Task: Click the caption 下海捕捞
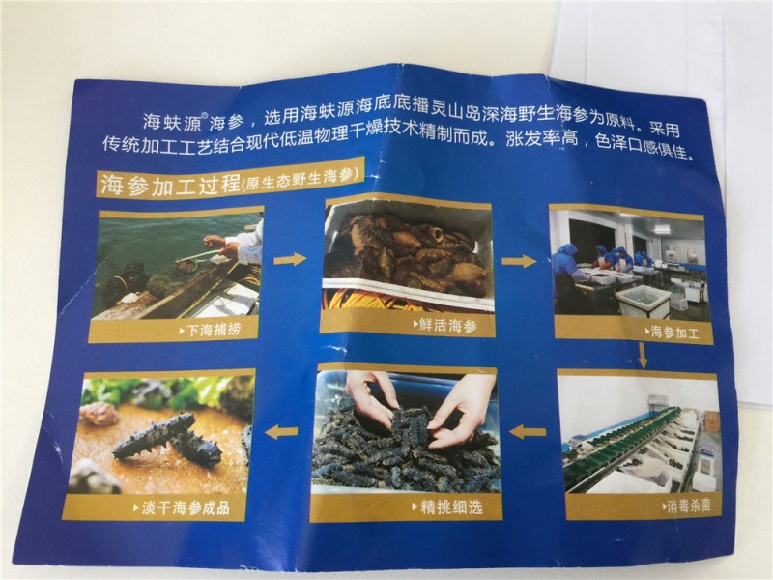click(x=214, y=329)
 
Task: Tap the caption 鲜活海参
click(x=448, y=326)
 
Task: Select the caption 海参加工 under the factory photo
click(x=673, y=332)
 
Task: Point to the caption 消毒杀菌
click(x=688, y=506)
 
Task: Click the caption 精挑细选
click(x=451, y=507)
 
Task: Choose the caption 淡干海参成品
click(x=186, y=508)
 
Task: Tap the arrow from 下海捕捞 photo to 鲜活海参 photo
click(x=291, y=258)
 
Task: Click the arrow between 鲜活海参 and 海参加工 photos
click(x=519, y=260)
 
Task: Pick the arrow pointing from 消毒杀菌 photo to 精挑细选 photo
click(x=528, y=432)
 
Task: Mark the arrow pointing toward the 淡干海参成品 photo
click(x=281, y=432)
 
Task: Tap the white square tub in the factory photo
click(x=644, y=302)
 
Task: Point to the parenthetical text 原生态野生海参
click(x=300, y=180)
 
